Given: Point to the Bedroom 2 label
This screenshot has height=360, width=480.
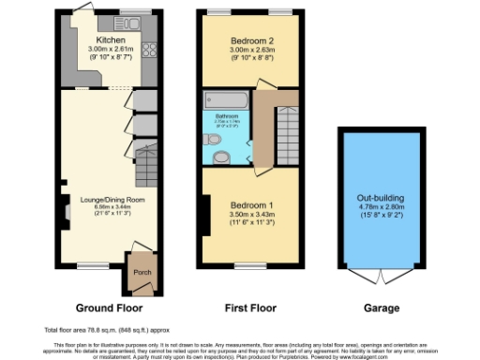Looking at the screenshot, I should (250, 40).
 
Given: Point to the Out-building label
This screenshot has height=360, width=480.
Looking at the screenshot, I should (380, 198).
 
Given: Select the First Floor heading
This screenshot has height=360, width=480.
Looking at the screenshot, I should (250, 307).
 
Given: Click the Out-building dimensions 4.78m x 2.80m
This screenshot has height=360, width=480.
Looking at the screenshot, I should (380, 208).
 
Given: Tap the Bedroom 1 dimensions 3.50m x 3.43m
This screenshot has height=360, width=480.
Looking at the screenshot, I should (250, 216).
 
